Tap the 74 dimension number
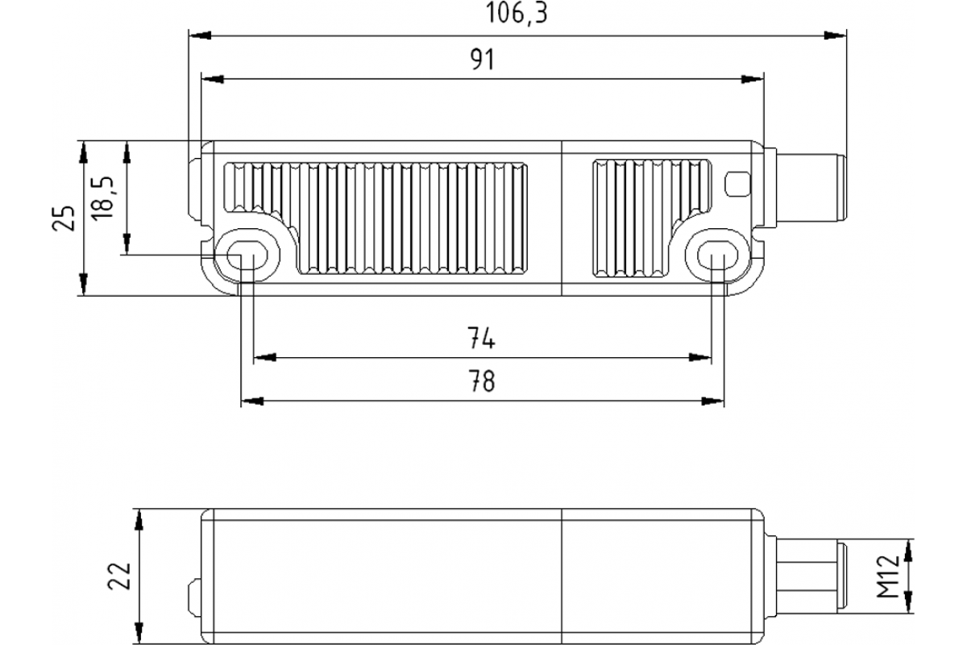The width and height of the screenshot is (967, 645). point(481,339)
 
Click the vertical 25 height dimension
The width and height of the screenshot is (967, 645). point(65,218)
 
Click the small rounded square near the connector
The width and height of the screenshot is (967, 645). point(737,184)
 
